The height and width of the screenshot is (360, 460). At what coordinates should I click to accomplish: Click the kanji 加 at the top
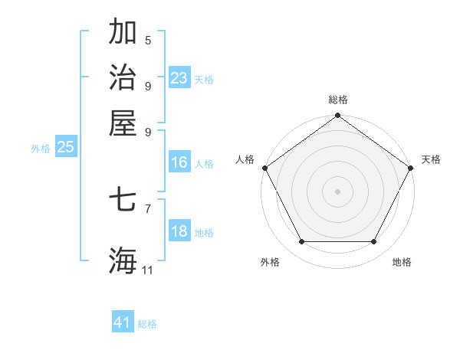click(x=123, y=32)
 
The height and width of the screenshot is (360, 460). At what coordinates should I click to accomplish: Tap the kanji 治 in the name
click(x=123, y=77)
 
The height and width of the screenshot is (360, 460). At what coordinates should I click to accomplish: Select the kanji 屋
click(x=123, y=123)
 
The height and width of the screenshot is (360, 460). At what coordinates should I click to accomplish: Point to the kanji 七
click(x=123, y=201)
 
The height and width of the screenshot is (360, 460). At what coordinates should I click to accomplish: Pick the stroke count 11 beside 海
click(x=148, y=270)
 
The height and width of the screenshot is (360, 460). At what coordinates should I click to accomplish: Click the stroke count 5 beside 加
click(x=148, y=41)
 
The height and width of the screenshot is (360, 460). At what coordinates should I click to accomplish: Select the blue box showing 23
click(x=179, y=78)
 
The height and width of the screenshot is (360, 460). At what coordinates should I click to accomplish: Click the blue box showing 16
click(x=179, y=162)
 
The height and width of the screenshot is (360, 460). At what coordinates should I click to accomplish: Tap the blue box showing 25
click(x=65, y=148)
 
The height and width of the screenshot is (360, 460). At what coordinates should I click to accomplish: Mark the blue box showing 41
click(x=123, y=322)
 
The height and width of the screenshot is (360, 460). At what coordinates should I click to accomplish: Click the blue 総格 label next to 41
click(x=147, y=324)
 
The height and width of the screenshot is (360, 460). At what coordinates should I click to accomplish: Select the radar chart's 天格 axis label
click(x=432, y=159)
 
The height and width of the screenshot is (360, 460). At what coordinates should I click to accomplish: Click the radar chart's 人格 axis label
click(x=245, y=159)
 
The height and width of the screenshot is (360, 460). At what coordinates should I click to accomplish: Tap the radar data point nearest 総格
click(x=337, y=116)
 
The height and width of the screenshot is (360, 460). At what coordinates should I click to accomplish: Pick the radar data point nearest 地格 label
click(x=374, y=242)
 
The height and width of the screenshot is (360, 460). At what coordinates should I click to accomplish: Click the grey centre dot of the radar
click(x=337, y=191)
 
